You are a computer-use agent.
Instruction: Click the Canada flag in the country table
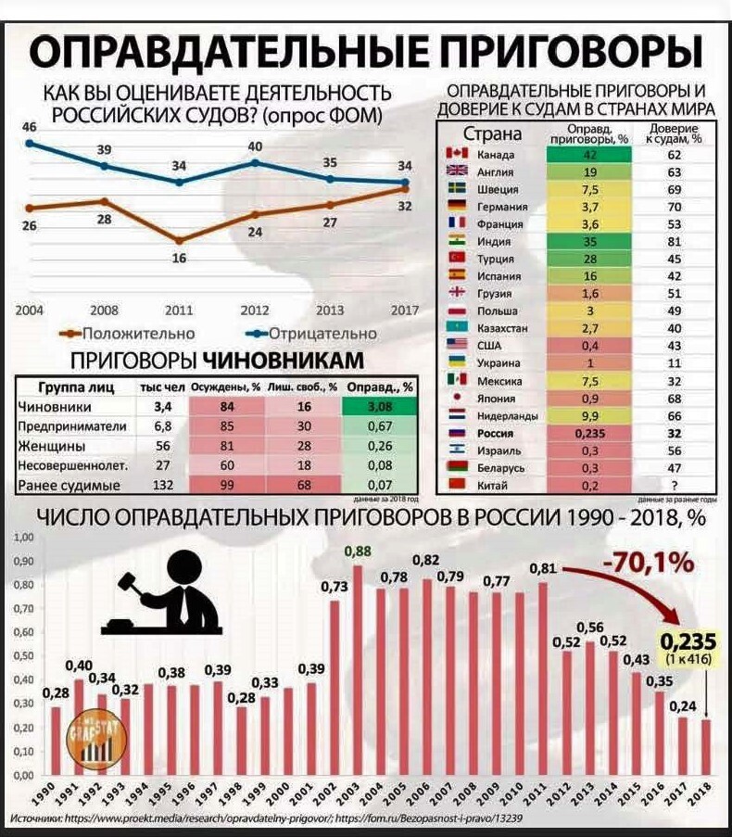click(x=456, y=154)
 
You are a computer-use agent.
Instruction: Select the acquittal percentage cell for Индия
click(x=589, y=241)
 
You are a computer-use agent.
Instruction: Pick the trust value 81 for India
click(x=674, y=241)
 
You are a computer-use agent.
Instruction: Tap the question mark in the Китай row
click(x=674, y=486)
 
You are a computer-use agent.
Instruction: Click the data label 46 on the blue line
click(x=29, y=127)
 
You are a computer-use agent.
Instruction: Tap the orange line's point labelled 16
click(x=178, y=241)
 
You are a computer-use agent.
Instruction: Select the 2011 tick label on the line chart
click(x=178, y=310)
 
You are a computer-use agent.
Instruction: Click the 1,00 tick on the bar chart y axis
click(x=25, y=538)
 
